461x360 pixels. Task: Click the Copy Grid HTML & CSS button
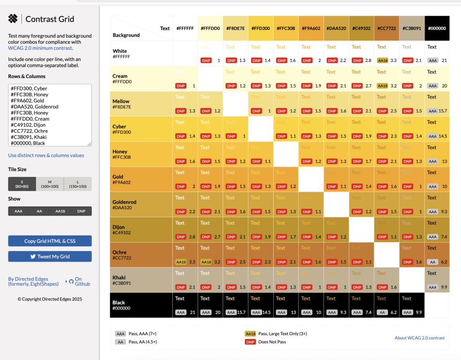[50, 241]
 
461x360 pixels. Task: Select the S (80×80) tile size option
[22, 184]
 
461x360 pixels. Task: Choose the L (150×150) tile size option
[78, 184]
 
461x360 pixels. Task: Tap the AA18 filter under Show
[60, 211]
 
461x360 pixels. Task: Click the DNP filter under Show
[81, 211]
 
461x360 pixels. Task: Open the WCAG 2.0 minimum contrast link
[40, 48]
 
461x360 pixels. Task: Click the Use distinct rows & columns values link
[46, 155]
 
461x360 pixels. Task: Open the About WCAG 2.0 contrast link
[420, 338]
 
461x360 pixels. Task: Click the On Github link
[82, 281]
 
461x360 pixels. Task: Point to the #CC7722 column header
[387, 28]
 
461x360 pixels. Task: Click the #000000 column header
[437, 28]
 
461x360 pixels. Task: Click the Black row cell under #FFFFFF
[185, 305]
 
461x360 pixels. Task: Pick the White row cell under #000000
[437, 53]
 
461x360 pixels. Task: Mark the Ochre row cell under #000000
[437, 255]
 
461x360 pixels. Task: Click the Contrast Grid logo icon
[13, 19]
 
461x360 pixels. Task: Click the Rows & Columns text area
[50, 115]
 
